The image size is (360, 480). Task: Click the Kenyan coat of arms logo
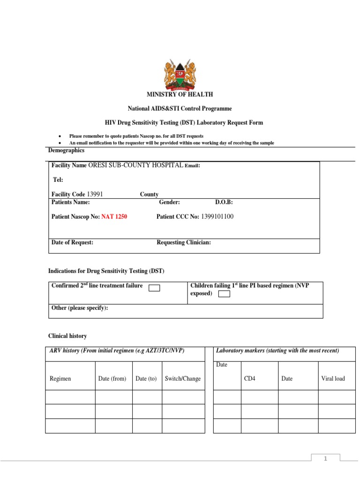[180, 75]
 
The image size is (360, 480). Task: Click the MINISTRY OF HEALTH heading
[180, 95]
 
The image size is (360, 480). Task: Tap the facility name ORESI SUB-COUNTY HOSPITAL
[136, 165]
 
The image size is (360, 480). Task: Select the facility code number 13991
[95, 194]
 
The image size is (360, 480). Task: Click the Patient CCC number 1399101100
[217, 217]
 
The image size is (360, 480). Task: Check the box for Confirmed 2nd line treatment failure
[154, 288]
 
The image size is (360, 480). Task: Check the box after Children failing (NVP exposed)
[225, 294]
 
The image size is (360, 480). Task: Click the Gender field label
[169, 202]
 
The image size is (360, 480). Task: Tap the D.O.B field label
[224, 202]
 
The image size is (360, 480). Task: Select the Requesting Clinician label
[184, 242]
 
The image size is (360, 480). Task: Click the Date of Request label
[72, 242]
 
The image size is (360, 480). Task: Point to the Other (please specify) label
[79, 307]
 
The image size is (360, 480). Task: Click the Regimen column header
[60, 378]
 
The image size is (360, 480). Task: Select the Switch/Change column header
[183, 378]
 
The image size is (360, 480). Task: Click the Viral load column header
[333, 378]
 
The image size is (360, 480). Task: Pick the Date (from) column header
[112, 378]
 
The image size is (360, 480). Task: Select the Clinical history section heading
[67, 336]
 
